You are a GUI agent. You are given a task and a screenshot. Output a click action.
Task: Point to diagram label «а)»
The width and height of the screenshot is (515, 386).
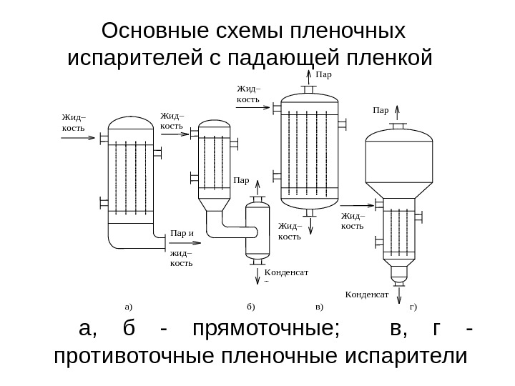(129, 307)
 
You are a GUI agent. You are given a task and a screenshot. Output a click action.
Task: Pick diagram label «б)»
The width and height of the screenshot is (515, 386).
(250, 307)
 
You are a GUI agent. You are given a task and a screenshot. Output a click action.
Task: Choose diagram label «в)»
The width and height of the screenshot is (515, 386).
(319, 307)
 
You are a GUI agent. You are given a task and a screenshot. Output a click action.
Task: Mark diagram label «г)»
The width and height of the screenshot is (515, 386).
(413, 307)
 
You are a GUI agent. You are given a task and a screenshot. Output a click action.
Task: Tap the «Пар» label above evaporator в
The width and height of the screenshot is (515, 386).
(324, 73)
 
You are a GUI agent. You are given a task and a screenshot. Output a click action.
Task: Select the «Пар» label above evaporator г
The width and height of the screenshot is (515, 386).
(381, 111)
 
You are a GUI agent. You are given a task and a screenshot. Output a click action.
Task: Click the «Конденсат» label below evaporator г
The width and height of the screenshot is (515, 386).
(366, 294)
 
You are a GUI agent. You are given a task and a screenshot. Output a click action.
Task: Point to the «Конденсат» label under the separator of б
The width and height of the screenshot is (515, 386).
(286, 272)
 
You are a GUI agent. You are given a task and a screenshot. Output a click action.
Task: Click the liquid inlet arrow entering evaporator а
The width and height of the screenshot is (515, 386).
(79, 140)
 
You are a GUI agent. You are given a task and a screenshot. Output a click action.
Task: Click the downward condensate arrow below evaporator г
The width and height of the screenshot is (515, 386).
(398, 289)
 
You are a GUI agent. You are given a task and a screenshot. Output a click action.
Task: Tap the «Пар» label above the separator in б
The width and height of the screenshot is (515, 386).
(241, 182)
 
